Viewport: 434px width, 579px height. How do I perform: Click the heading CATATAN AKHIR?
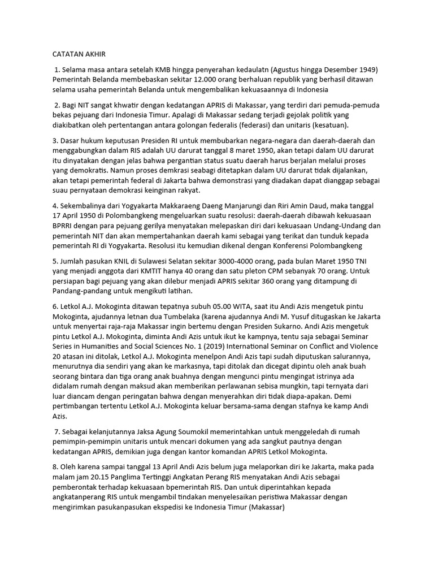79,54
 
